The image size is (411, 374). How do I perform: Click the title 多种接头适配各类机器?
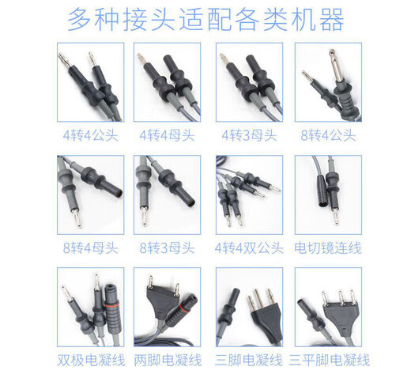pos(206,17)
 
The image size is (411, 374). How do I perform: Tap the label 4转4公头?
pos(91,134)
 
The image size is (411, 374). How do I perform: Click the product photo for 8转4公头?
pos(327,81)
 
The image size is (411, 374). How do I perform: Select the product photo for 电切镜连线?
pos(327,195)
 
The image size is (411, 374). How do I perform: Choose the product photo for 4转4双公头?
pos(249,195)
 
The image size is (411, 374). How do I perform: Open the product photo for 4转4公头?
pos(91,81)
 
